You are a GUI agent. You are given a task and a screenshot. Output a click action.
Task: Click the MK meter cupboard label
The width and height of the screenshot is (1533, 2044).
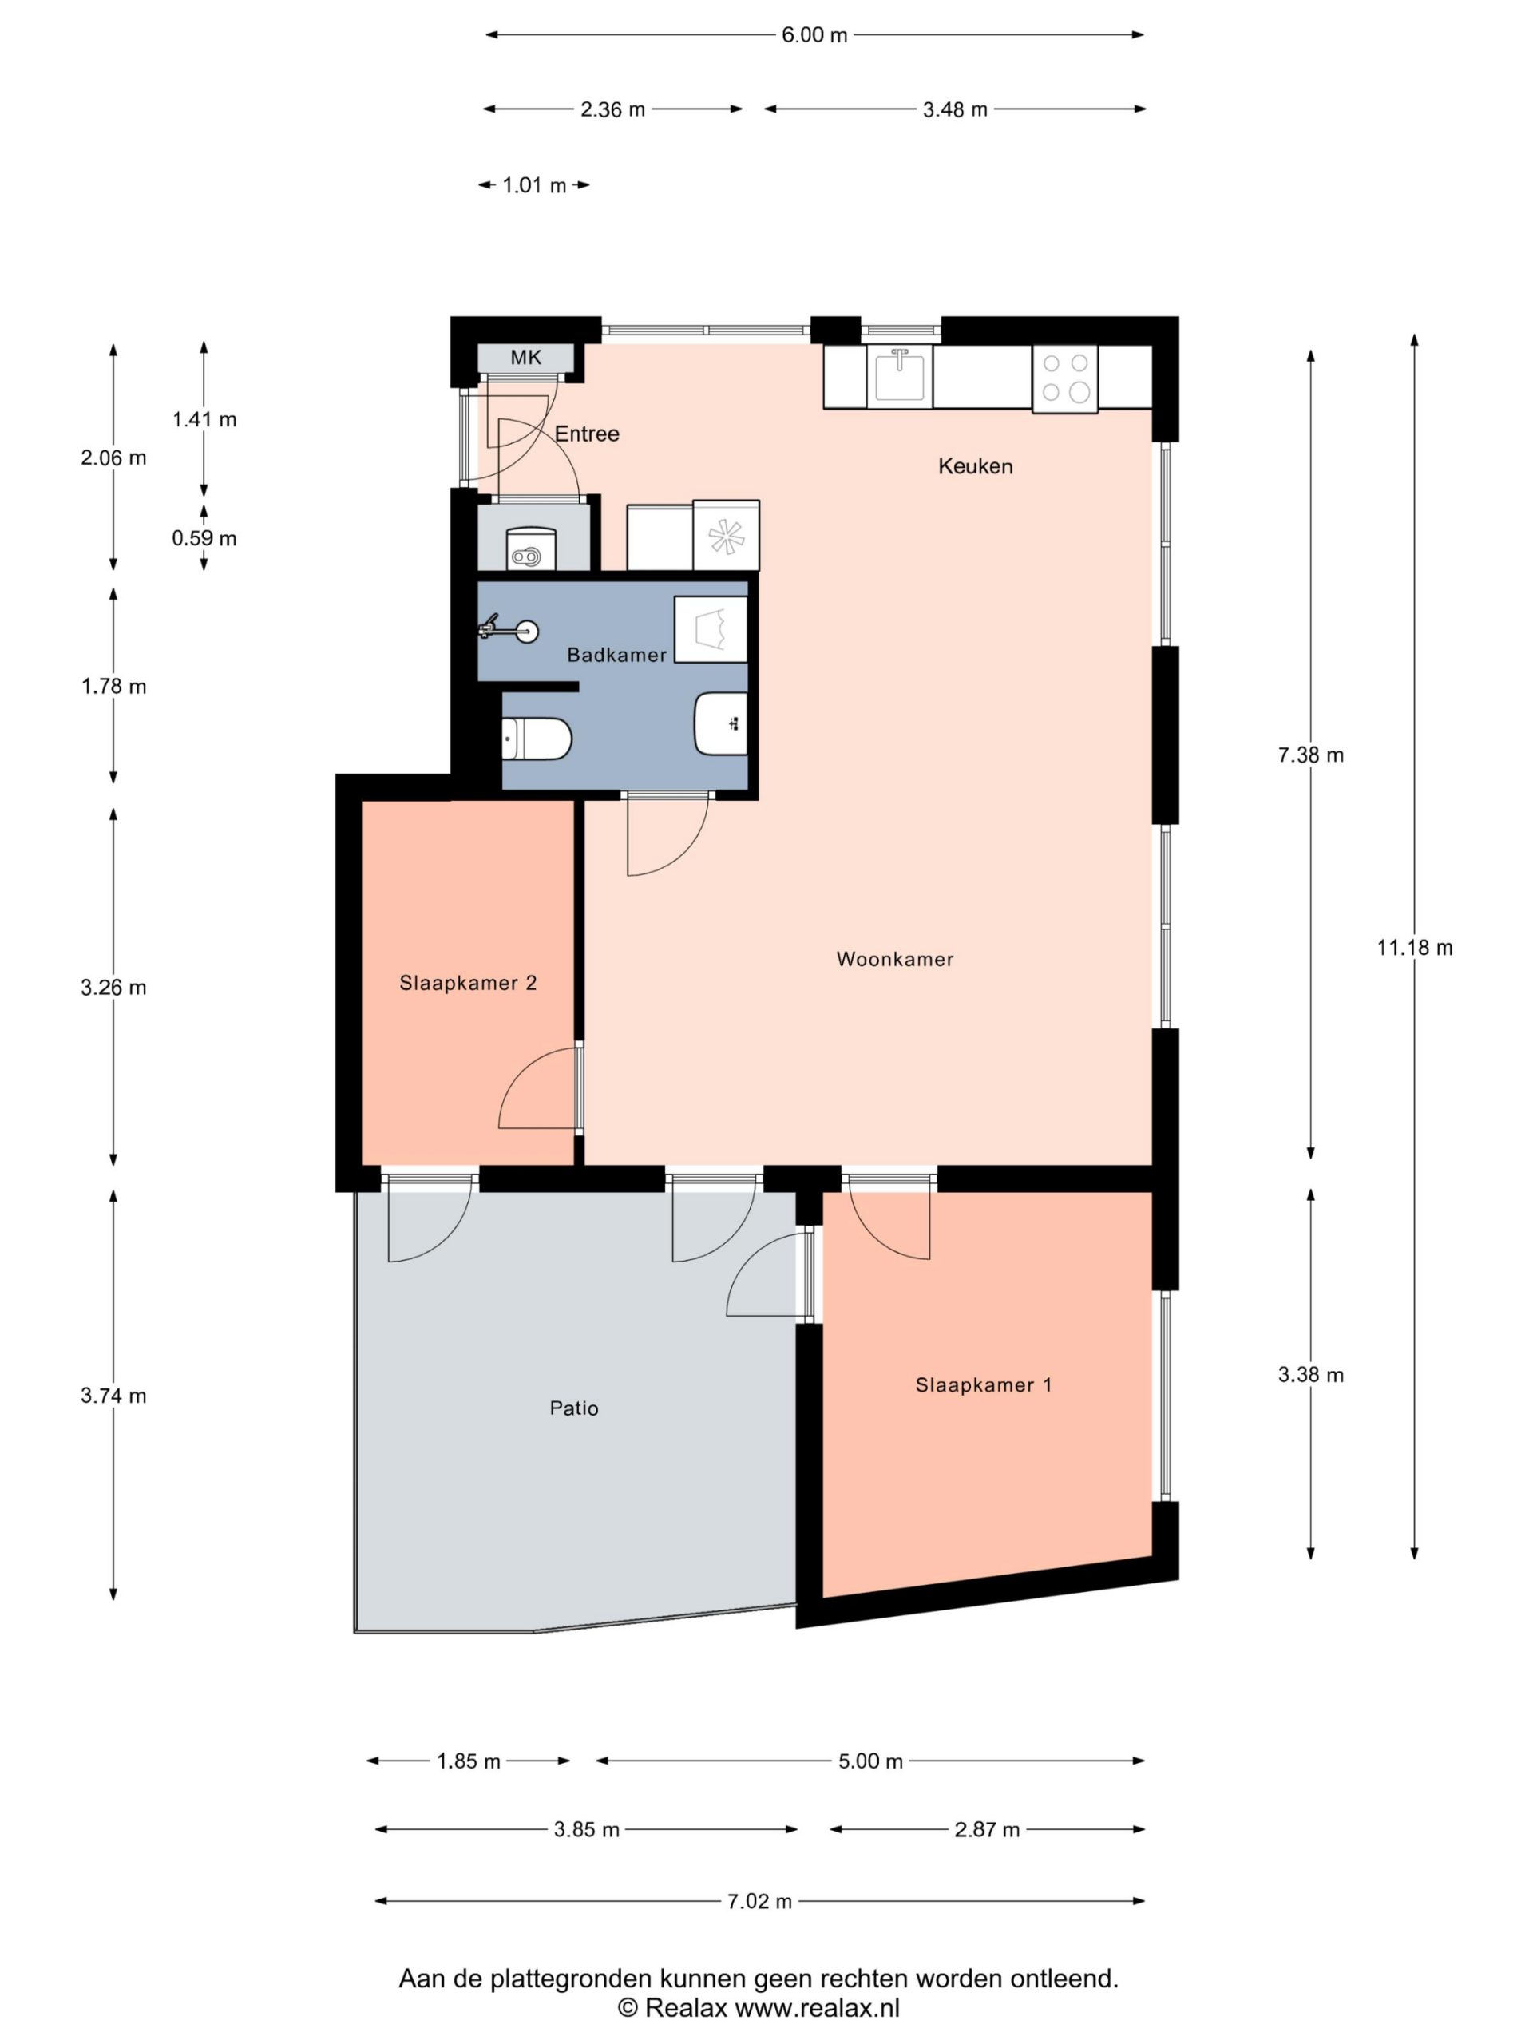click(526, 358)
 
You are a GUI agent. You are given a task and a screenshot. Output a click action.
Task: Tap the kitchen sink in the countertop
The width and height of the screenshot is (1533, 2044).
click(899, 375)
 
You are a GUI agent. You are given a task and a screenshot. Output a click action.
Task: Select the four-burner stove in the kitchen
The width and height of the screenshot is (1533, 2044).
click(1064, 378)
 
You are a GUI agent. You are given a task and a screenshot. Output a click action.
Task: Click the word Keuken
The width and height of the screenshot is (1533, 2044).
click(975, 465)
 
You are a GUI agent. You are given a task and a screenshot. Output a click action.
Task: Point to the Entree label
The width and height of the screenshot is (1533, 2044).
click(587, 434)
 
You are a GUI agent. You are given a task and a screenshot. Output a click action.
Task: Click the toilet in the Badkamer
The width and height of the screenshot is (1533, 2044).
click(536, 739)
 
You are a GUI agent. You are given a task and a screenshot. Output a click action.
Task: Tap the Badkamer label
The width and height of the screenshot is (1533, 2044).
click(616, 656)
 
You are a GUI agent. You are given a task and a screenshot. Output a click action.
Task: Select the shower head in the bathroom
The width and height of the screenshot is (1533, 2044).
click(509, 630)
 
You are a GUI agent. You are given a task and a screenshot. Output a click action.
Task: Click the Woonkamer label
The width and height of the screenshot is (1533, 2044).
click(894, 959)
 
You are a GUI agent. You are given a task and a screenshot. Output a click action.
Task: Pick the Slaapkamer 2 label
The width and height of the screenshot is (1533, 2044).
click(468, 983)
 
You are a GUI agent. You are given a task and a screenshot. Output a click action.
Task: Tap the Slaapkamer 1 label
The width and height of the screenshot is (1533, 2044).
click(983, 1385)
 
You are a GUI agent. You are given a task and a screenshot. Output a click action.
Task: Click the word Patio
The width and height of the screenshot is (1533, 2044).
click(574, 1408)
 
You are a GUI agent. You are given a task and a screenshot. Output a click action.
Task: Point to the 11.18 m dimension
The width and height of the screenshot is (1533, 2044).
click(1414, 947)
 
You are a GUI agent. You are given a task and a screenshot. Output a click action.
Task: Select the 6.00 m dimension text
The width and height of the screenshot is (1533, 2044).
click(814, 35)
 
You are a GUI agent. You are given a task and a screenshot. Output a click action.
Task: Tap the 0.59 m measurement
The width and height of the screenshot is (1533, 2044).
click(204, 538)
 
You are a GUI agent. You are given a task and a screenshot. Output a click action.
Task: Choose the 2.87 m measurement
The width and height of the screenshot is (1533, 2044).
click(987, 1830)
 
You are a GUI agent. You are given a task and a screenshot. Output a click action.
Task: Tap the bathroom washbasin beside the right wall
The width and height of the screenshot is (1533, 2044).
click(721, 723)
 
